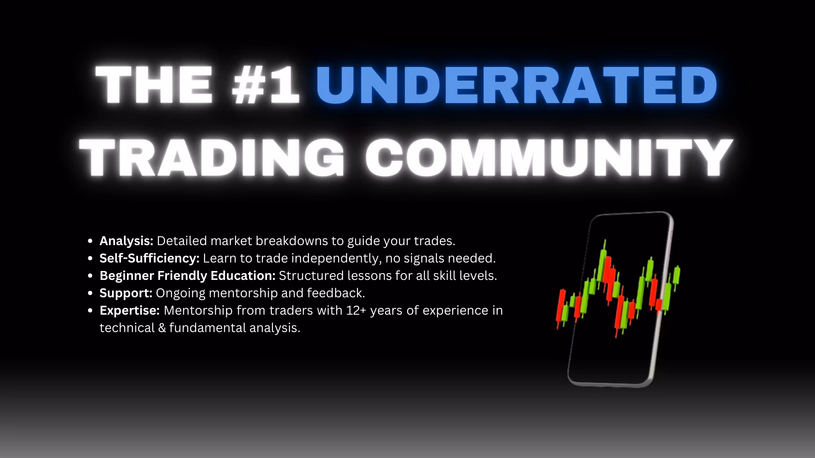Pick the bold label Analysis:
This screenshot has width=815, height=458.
(x=126, y=241)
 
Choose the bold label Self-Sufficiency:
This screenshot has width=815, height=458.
(x=149, y=258)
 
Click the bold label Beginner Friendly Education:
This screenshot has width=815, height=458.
(x=188, y=276)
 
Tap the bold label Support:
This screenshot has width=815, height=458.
(x=126, y=293)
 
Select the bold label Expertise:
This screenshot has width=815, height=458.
(x=129, y=310)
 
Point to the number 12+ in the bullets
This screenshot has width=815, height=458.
(x=356, y=310)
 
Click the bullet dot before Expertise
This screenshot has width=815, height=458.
(x=90, y=310)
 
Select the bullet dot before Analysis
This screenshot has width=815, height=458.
(x=90, y=241)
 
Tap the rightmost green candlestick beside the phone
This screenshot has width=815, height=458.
(x=677, y=276)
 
